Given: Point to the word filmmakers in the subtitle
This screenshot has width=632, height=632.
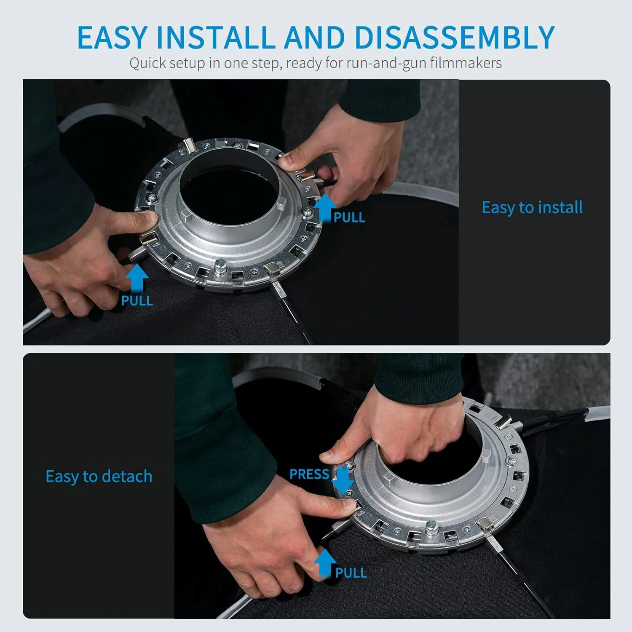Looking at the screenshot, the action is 466,63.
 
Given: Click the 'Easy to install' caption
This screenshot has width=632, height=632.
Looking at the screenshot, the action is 532,207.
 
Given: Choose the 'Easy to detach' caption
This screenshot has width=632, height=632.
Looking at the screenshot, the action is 99,477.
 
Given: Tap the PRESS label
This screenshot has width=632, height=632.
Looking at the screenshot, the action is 309,474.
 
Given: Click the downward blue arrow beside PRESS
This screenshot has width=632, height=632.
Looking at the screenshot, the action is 343,481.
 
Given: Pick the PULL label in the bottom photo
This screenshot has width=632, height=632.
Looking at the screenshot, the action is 351,573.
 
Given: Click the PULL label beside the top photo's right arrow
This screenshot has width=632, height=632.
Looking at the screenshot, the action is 349,217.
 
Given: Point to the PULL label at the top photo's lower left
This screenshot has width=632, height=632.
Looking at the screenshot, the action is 137,300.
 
